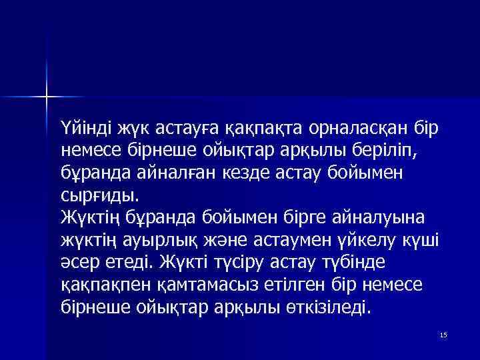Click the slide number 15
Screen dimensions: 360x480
(443, 333)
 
